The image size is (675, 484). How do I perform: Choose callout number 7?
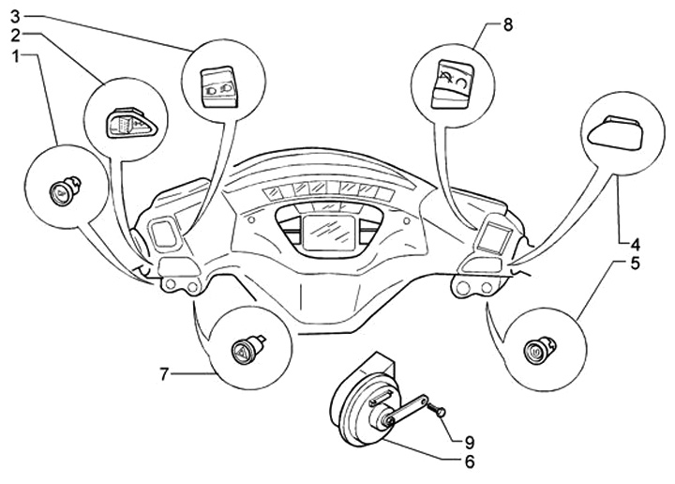click(x=163, y=374)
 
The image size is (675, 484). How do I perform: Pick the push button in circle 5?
click(x=537, y=351)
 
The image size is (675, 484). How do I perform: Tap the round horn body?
click(x=358, y=413)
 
